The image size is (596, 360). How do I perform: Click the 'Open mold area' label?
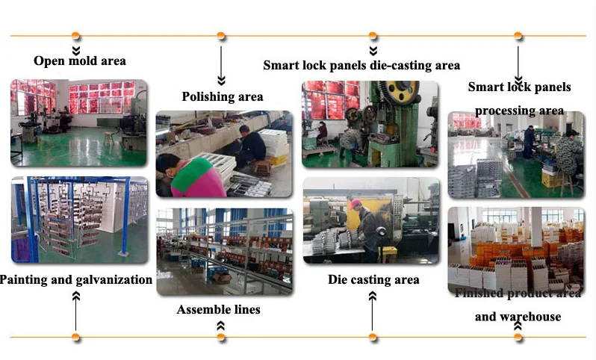[80, 60]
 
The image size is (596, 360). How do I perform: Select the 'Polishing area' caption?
[223, 96]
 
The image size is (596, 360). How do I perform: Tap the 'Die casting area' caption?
[373, 280]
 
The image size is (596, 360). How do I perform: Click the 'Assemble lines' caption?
[218, 308]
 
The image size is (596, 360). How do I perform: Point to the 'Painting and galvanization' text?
[76, 280]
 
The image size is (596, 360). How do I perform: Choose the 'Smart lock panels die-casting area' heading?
[361, 65]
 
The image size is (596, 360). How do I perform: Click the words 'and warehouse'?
[518, 316]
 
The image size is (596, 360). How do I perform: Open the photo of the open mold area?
[78, 122]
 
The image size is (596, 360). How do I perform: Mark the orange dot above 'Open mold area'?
[76, 36]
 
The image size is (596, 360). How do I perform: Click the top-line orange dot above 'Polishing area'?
[221, 36]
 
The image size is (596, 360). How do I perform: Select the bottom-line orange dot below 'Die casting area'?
[373, 337]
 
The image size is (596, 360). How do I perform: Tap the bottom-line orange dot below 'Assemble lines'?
[221, 337]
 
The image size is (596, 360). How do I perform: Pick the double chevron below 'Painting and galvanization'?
[76, 297]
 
